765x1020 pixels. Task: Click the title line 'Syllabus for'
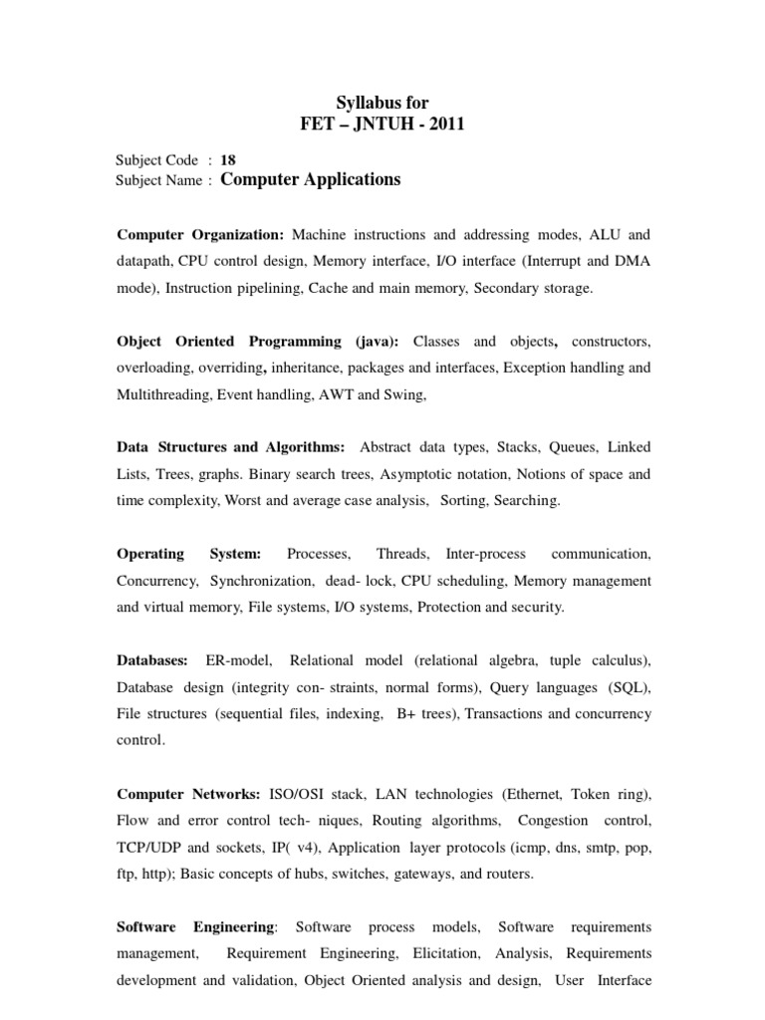coord(382,103)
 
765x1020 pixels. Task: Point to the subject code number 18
coord(227,159)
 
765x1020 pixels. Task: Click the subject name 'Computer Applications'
coord(310,180)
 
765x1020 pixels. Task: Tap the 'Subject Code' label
coord(157,159)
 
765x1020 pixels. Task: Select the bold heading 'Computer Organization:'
coord(200,235)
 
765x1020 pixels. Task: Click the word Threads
coord(402,554)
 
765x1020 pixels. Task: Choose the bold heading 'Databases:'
coord(151,660)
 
